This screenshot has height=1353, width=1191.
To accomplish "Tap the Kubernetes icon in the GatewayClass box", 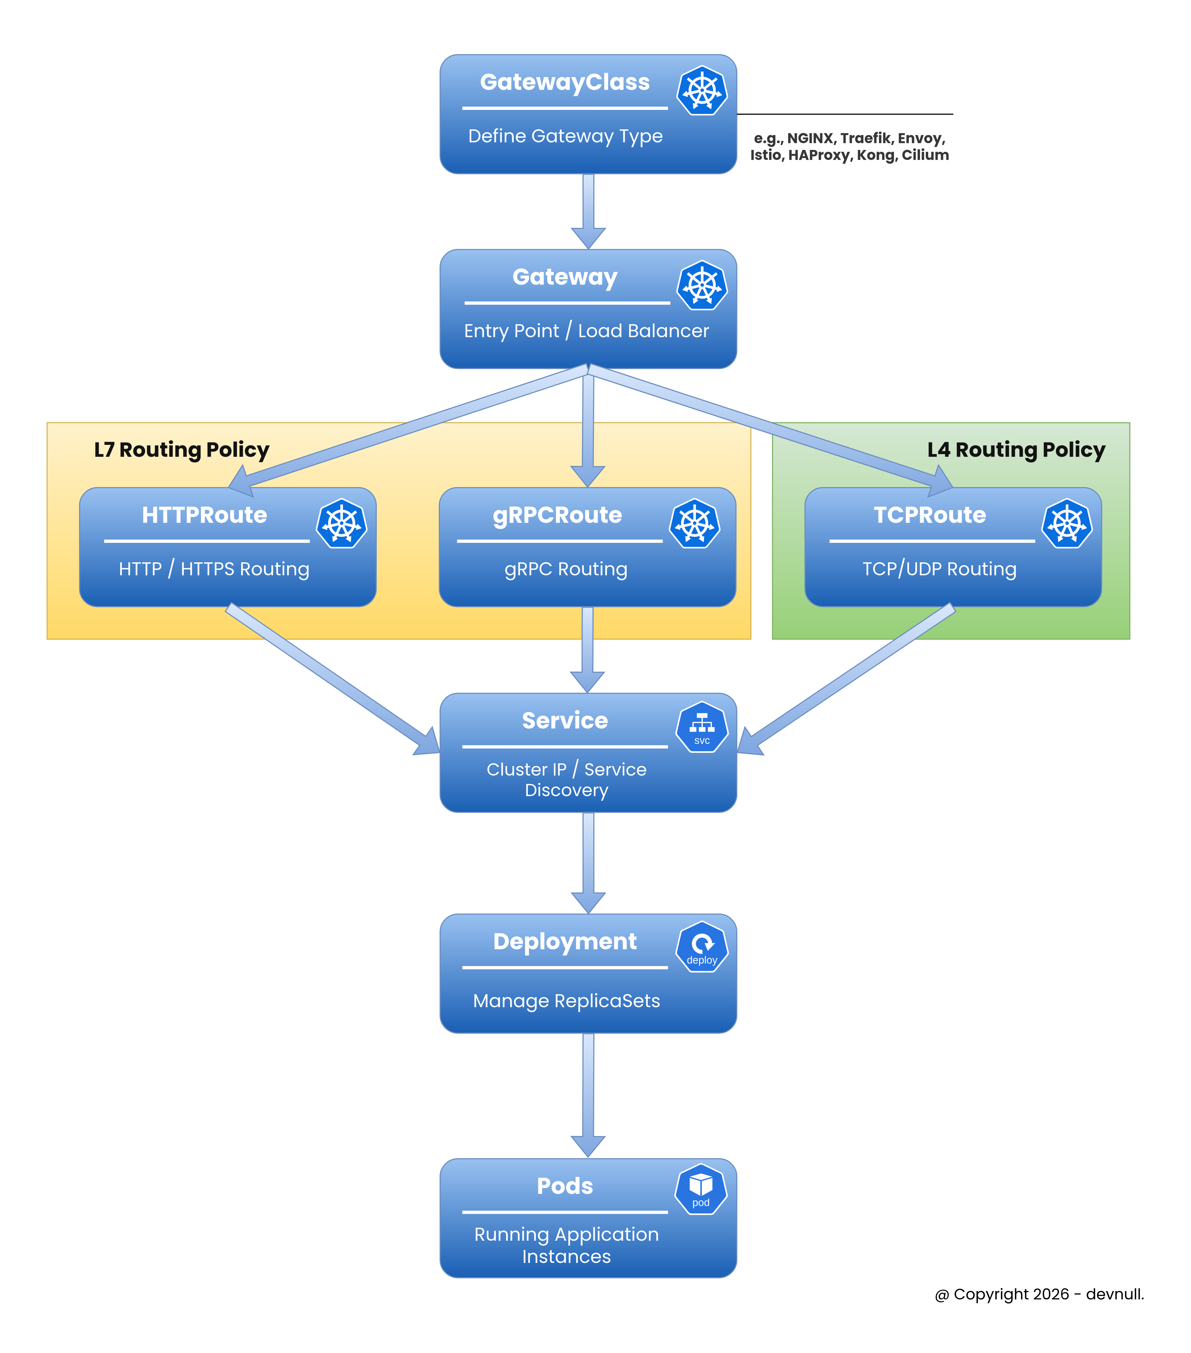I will pos(702,91).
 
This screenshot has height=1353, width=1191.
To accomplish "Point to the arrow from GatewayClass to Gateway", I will pos(588,211).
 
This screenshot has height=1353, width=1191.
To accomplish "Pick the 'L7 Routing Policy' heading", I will pos(181,449).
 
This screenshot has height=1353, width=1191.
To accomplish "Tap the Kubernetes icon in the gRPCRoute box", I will pos(695,524).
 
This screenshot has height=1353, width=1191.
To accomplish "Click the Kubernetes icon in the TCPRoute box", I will pos(1066,524).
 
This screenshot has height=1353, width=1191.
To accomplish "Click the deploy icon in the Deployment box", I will pos(702,947).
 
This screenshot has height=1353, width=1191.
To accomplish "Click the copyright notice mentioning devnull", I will pos(1039,1294).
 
